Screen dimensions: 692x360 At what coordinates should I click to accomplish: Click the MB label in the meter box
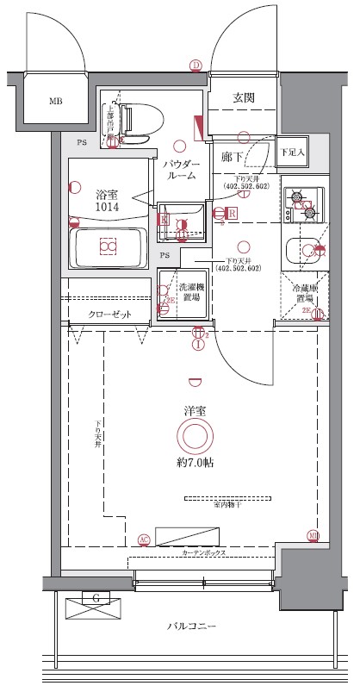tap(55, 102)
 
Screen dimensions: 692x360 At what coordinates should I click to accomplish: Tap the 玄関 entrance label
tap(244, 98)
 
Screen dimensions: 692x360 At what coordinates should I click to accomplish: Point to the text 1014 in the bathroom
tap(108, 208)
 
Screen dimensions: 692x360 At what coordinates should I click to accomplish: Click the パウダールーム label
tap(181, 169)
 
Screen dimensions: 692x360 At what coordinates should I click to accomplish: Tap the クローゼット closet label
tap(110, 315)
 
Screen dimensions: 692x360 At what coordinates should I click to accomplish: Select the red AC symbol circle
tap(144, 539)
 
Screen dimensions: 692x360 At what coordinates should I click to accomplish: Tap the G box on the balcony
tap(95, 597)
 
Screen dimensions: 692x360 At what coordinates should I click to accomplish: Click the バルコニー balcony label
tap(192, 627)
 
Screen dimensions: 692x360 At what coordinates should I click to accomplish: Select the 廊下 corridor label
tap(231, 156)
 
